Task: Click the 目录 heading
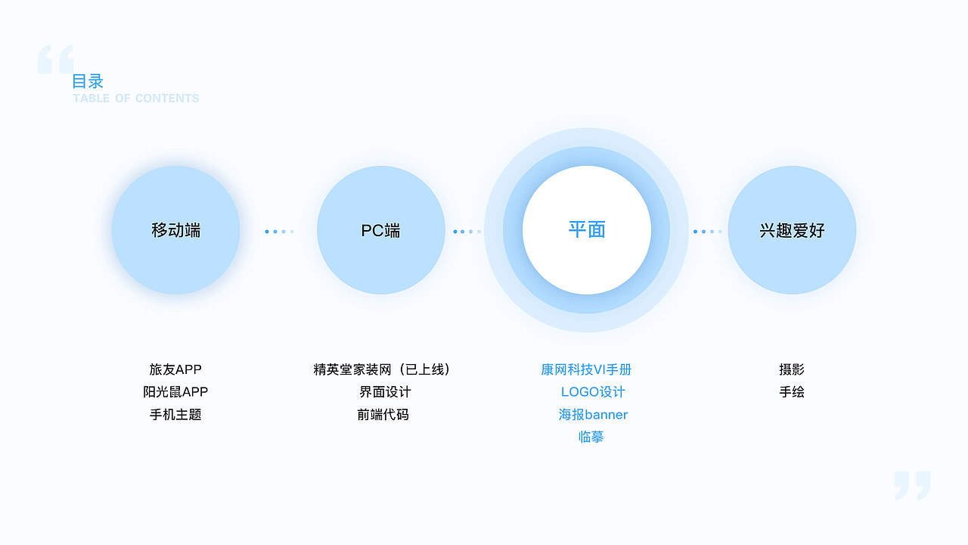(x=88, y=81)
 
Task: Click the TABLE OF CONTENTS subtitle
(x=136, y=98)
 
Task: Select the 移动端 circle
(x=175, y=230)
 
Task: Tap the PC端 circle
(x=380, y=230)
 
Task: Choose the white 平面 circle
(x=586, y=230)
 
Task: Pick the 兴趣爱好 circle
(x=792, y=230)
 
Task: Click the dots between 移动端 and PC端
(x=279, y=231)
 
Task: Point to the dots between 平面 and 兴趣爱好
(x=707, y=231)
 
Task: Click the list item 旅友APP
(x=175, y=369)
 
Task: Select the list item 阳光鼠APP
(x=175, y=392)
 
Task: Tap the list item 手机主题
(x=175, y=415)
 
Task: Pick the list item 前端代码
(x=383, y=415)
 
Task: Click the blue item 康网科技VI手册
(x=586, y=369)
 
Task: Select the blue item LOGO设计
(x=593, y=392)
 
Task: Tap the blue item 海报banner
(x=593, y=415)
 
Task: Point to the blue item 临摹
(x=591, y=437)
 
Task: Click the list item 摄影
(x=792, y=369)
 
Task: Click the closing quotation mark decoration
(x=911, y=485)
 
